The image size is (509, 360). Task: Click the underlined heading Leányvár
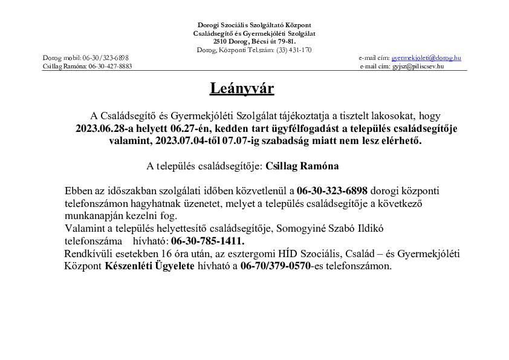point(242,89)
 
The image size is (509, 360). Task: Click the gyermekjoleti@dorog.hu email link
point(426,57)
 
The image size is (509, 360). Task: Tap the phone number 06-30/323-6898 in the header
point(105,57)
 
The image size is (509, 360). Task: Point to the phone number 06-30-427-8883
point(110,66)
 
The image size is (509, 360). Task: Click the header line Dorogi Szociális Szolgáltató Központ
point(254,25)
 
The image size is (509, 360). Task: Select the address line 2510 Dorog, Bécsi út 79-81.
point(254,41)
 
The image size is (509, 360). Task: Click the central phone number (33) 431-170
point(294,50)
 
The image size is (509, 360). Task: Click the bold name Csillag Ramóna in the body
point(302,165)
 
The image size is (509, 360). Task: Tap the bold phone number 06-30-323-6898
point(332,191)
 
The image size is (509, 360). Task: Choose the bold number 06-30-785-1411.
point(207,240)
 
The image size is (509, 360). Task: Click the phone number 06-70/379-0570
point(275,266)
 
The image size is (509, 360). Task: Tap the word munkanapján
point(93,215)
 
